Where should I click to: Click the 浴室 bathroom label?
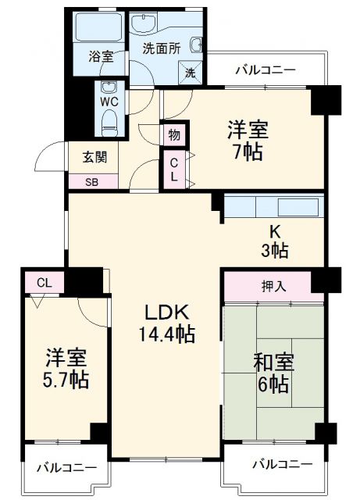click(100, 57)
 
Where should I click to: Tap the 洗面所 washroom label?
click(161, 47)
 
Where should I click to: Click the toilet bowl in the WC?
click(109, 121)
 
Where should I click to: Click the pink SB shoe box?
click(93, 181)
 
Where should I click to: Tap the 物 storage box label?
click(174, 135)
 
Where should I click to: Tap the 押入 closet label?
click(273, 286)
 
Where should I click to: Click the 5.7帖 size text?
click(65, 380)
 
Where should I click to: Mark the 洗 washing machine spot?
click(191, 73)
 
